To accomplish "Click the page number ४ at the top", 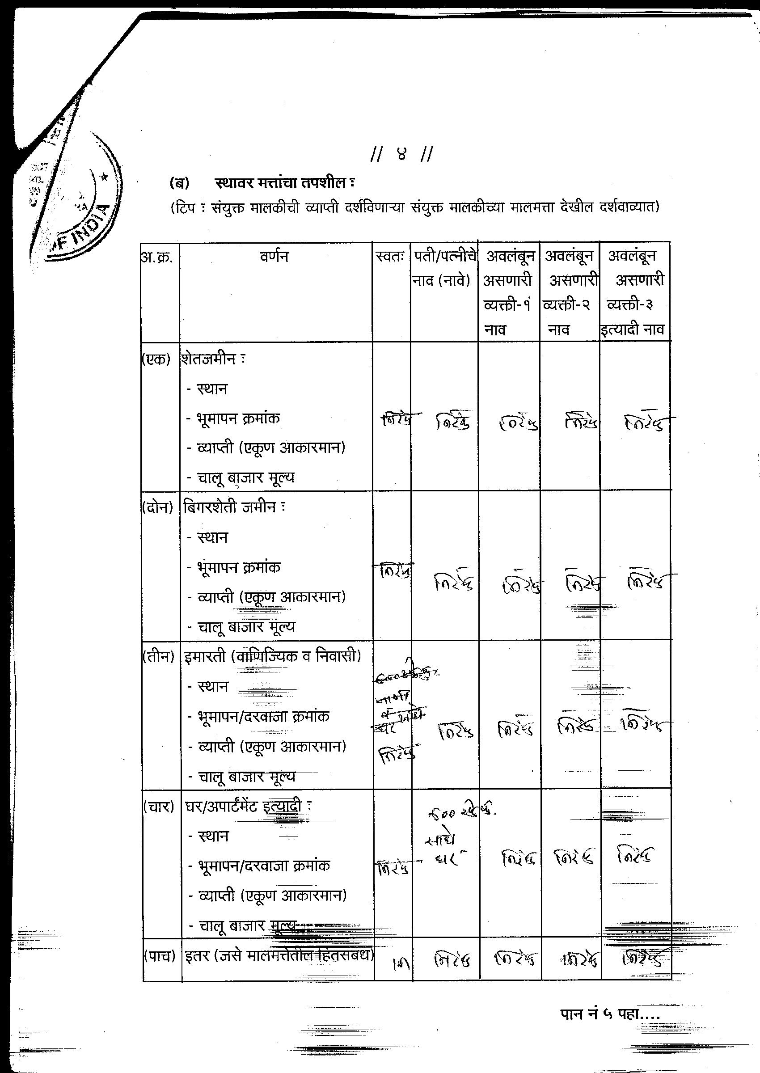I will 401,154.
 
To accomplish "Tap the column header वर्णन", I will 274,257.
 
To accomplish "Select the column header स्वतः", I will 390,257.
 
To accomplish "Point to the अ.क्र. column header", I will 158,258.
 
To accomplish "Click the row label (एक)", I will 156,359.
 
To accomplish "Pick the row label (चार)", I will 159,806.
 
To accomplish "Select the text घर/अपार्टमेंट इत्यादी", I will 245,806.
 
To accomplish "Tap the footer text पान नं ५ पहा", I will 609,1013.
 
